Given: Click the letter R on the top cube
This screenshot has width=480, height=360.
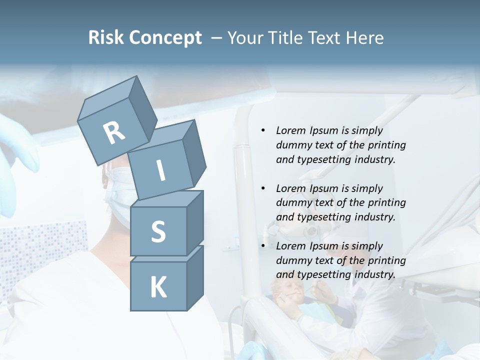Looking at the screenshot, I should [114, 133].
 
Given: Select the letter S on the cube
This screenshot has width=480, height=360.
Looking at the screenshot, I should [158, 231].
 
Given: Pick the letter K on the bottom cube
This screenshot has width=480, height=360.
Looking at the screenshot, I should [158, 287].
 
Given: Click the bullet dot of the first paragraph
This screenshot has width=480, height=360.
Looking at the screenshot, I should [263, 131].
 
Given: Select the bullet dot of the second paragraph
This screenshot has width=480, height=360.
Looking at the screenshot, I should [263, 189].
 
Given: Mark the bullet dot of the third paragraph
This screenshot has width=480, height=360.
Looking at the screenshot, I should [263, 246].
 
